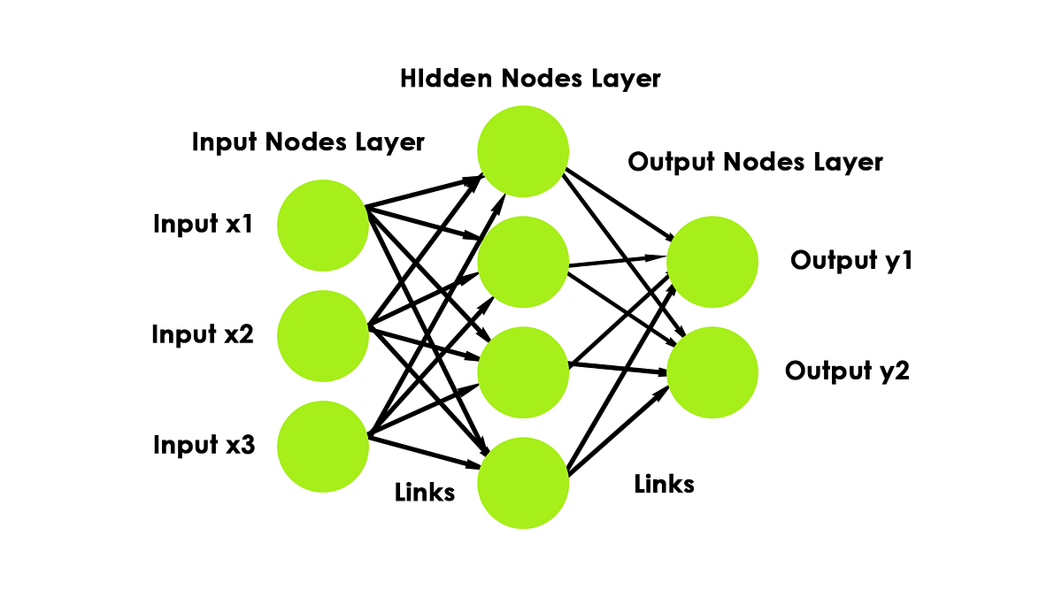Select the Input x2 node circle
pyautogui.click(x=323, y=334)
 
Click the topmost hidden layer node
pyautogui.click(x=523, y=150)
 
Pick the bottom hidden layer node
pyautogui.click(x=523, y=483)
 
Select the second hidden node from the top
pyautogui.click(x=523, y=262)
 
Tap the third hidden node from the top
pyautogui.click(x=523, y=371)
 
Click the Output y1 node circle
pyautogui.click(x=712, y=261)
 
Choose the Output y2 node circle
pyautogui.click(x=712, y=371)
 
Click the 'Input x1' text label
pyautogui.click(x=204, y=224)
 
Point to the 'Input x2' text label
pyautogui.click(x=203, y=334)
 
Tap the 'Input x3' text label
pyautogui.click(x=204, y=444)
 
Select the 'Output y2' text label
pyautogui.click(x=847, y=371)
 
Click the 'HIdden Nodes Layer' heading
pyautogui.click(x=530, y=78)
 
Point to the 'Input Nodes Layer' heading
pyautogui.click(x=308, y=142)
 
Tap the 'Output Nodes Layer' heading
pyautogui.click(x=755, y=162)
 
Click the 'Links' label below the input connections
pyautogui.click(x=425, y=493)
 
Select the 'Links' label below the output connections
pyautogui.click(x=665, y=484)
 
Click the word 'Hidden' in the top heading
pyautogui.click(x=447, y=78)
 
